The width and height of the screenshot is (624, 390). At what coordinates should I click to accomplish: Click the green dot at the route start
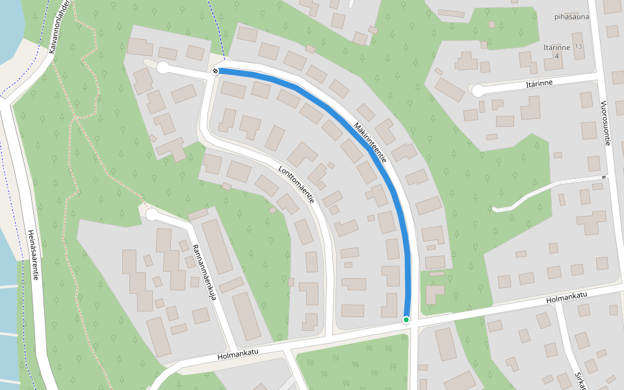click(x=406, y=319)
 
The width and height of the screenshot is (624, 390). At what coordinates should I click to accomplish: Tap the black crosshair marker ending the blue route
click(x=215, y=70)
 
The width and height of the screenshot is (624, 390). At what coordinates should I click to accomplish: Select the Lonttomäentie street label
click(x=296, y=185)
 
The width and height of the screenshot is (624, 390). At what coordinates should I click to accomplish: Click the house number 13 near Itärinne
click(x=578, y=47)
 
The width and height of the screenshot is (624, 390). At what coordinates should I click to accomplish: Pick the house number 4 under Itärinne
click(x=556, y=57)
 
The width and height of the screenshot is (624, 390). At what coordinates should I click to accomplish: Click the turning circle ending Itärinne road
click(x=478, y=91)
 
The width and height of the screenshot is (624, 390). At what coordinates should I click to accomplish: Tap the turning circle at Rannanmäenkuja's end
click(x=152, y=214)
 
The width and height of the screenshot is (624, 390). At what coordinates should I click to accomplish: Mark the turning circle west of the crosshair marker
click(x=162, y=68)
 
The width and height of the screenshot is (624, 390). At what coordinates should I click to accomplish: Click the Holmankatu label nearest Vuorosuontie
click(x=567, y=296)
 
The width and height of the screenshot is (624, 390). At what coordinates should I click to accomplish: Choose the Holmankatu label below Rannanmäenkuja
click(x=238, y=355)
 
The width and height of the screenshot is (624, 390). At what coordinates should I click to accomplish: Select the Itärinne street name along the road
click(x=539, y=84)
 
